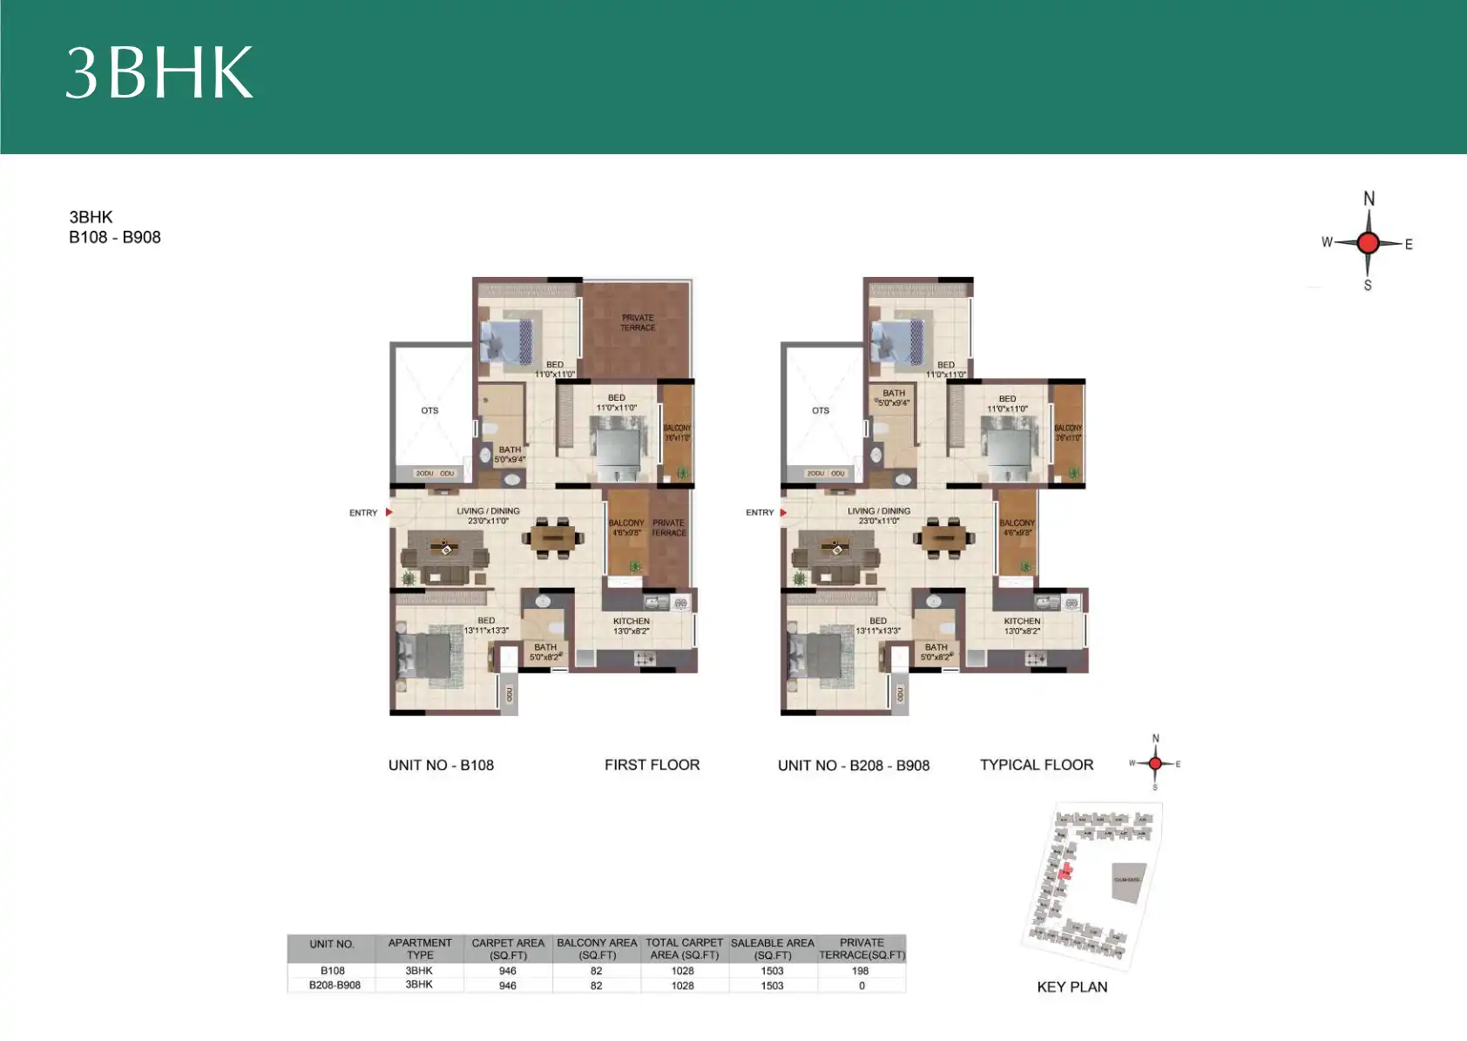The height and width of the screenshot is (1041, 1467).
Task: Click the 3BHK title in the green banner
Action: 159,73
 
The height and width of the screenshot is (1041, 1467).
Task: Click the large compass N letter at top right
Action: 1369,199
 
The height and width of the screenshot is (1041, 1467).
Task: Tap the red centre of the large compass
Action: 1368,243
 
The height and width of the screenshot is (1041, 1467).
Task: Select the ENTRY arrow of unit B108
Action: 389,512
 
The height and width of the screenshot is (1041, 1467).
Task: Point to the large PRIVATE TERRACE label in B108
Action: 638,323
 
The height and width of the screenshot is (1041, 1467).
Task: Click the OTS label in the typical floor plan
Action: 821,410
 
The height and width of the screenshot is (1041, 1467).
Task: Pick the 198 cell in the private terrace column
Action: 861,970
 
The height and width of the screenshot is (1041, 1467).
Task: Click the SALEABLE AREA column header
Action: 772,949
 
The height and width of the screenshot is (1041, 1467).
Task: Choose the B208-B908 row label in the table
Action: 335,985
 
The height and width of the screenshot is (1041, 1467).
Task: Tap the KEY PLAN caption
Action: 1072,987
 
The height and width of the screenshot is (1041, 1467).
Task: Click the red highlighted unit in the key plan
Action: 1065,870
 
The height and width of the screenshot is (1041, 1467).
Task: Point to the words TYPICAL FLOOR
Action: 1036,765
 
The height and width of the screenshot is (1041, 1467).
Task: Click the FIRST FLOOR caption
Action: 652,765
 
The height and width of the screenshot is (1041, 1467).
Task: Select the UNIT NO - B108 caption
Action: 441,765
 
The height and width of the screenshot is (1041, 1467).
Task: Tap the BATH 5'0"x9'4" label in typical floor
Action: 894,398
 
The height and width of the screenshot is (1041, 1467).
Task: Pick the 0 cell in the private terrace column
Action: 862,986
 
